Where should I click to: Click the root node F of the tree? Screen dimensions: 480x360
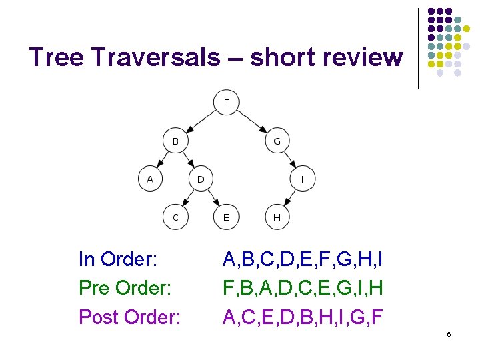point(227,103)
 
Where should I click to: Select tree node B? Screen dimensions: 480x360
point(175,141)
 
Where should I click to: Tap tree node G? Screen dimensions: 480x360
point(277,141)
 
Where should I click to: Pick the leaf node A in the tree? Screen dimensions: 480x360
point(150,179)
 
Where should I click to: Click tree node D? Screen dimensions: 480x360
point(201,179)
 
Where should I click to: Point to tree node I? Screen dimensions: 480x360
point(303,179)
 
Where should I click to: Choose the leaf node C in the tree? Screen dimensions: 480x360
point(175,217)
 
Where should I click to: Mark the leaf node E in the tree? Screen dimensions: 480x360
point(227,217)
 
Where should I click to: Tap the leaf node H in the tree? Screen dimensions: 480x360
point(277,217)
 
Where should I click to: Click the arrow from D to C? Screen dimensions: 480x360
point(188,198)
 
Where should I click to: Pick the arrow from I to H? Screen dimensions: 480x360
point(290,198)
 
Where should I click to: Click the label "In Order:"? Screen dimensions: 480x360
point(117,259)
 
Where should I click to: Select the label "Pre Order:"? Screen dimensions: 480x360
point(125,288)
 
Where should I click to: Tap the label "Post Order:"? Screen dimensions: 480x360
point(129,317)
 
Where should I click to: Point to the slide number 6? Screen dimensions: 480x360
point(449,333)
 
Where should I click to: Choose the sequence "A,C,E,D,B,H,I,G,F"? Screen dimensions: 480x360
point(302,317)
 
